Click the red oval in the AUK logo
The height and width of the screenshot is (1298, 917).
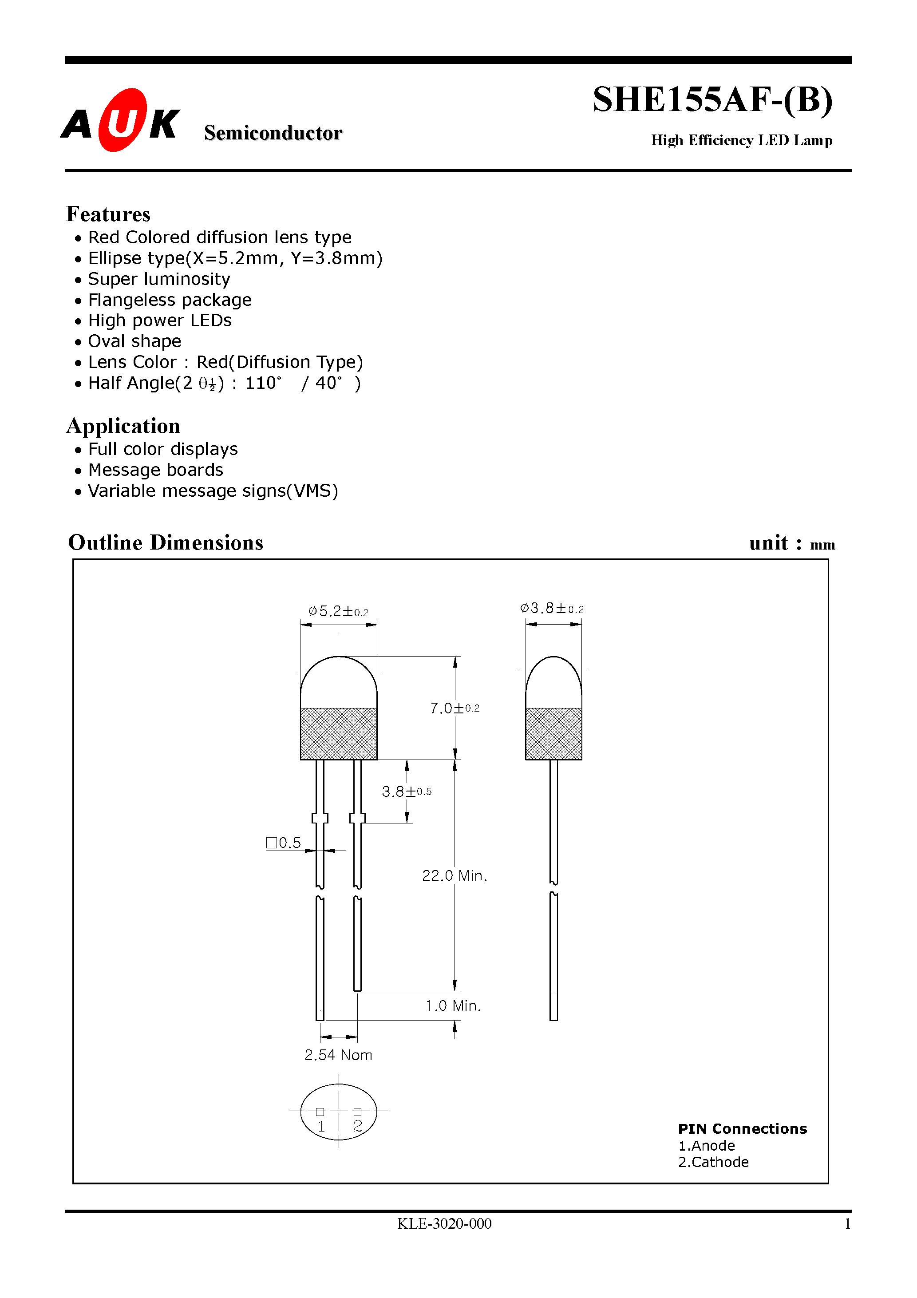122,120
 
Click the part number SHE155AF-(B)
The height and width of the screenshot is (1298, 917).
712,100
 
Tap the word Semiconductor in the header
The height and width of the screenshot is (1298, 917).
273,133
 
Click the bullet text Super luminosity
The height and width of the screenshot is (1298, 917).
159,279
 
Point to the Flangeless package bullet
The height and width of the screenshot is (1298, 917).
170,300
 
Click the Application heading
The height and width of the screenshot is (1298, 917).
123,426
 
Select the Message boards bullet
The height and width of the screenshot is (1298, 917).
155,471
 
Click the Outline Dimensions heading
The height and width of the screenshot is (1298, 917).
166,543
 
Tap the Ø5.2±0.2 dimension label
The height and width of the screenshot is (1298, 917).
338,612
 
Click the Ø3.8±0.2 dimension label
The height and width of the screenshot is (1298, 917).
552,609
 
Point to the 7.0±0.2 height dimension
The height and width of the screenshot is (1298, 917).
455,708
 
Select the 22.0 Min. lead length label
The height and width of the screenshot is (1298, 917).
455,876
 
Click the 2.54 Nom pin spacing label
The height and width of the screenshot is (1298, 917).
338,1055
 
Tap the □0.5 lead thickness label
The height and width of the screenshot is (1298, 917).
284,843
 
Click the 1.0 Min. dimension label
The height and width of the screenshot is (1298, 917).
453,1006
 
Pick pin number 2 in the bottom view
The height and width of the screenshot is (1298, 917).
357,1126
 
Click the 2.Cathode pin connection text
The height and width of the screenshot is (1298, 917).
713,1162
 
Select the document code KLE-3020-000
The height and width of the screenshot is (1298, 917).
444,1223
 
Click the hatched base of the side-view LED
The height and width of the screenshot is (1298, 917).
553,733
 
